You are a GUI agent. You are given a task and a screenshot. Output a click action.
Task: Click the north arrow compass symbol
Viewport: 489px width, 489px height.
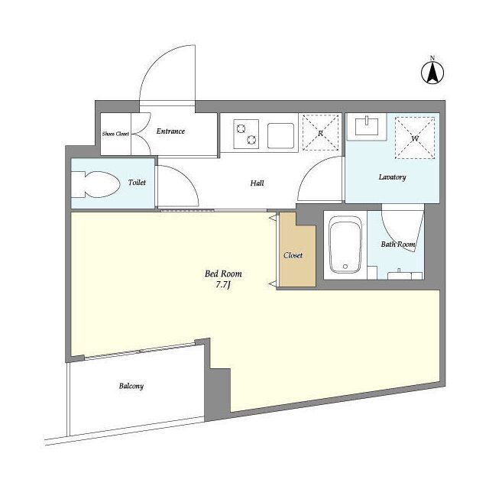pos(432,73)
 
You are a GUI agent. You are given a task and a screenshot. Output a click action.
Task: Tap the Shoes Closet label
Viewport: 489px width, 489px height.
pos(115,134)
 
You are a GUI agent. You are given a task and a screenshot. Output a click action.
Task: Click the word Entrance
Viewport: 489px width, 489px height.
pos(170,131)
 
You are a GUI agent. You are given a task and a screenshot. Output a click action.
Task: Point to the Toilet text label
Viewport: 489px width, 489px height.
pos(137,182)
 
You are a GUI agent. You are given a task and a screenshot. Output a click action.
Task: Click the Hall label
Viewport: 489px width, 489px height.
pos(257,183)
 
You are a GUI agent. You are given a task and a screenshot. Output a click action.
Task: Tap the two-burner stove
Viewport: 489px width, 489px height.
pos(246,134)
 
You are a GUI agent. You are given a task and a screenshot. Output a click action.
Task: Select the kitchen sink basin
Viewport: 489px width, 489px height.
pos(280,136)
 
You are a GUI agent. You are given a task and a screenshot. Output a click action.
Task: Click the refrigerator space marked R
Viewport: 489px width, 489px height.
pos(321,132)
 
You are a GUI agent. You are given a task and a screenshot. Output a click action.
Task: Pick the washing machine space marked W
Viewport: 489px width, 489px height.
pos(415,138)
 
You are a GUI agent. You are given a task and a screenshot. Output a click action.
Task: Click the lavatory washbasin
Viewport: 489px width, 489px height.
pos(367,127)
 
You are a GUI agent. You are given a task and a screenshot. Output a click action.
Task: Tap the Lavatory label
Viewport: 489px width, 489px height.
pos(392,177)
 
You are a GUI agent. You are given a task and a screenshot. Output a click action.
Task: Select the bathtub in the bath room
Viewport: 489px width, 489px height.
pos(345,244)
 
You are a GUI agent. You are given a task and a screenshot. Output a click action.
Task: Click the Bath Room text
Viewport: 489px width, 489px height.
pos(398,244)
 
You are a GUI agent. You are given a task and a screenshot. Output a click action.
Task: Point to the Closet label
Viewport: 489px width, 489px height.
pos(293,255)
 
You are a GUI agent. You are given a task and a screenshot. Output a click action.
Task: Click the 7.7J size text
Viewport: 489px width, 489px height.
pos(223,285)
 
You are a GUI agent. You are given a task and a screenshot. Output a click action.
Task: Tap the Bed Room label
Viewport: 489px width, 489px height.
pos(223,274)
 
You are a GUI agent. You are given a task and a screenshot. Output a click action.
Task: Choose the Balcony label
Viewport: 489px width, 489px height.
pos(131,386)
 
